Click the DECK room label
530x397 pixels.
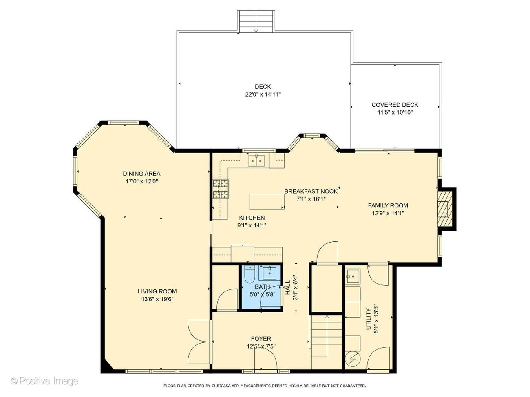pyautogui.click(x=263, y=86)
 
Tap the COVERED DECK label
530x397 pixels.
pyautogui.click(x=395, y=105)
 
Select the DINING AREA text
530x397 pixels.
pyautogui.click(x=141, y=173)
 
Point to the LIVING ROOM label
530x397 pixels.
pyautogui.click(x=157, y=291)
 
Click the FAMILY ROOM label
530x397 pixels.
pyautogui.click(x=388, y=206)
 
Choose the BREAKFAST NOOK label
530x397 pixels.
pyautogui.click(x=311, y=191)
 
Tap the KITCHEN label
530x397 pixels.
pyautogui.click(x=252, y=218)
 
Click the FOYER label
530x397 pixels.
pyautogui.click(x=261, y=339)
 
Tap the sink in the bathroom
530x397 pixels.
pyautogui.click(x=269, y=273)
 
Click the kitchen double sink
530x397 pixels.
pyautogui.click(x=257, y=160)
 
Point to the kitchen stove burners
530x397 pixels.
pyautogui.click(x=221, y=189)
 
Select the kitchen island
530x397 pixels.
pyautogui.click(x=267, y=201)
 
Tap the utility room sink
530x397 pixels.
pyautogui.click(x=353, y=276)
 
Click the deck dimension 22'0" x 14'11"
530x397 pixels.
pyautogui.click(x=263, y=94)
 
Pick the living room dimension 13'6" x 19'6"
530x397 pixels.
pyautogui.click(x=157, y=299)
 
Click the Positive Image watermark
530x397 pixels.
pyautogui.click(x=45, y=381)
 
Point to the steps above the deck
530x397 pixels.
pyautogui.click(x=256, y=21)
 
